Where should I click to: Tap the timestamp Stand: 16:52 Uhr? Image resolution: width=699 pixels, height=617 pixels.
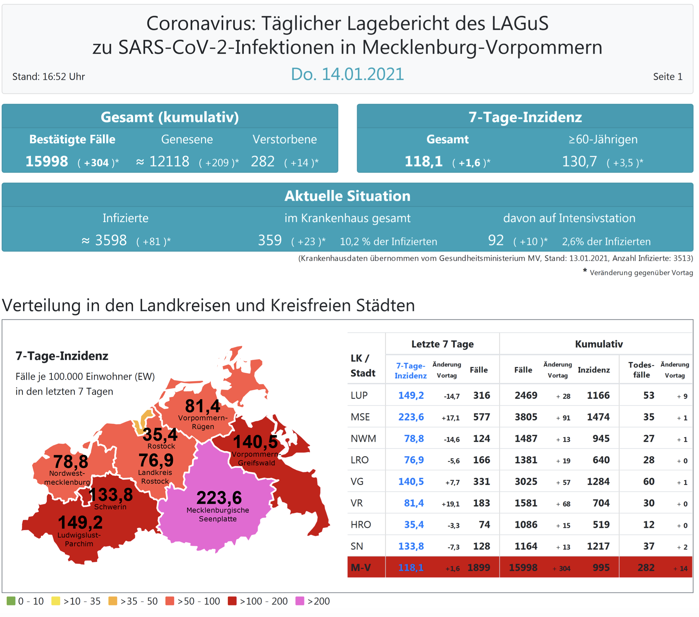click(x=49, y=77)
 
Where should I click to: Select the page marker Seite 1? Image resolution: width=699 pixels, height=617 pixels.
click(x=667, y=77)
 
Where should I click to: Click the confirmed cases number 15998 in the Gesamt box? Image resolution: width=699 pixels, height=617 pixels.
click(x=47, y=161)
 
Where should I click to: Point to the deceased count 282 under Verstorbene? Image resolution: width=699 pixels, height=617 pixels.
click(x=263, y=161)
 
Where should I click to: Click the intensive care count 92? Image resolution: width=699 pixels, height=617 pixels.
click(x=496, y=240)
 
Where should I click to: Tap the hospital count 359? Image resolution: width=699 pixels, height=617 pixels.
click(x=270, y=240)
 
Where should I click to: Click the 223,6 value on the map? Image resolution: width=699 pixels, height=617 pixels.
click(x=219, y=497)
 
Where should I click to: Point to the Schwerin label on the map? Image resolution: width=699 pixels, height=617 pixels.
click(x=110, y=507)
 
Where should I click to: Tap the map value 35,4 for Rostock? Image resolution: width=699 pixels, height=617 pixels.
click(x=160, y=434)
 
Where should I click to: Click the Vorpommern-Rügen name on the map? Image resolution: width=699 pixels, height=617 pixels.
click(x=203, y=422)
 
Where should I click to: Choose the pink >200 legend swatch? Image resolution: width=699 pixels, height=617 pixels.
click(x=300, y=601)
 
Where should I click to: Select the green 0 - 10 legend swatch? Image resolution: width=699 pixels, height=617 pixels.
click(x=11, y=601)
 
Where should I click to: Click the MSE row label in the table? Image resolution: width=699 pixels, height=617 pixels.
click(x=360, y=417)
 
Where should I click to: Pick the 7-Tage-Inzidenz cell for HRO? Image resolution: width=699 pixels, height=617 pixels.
click(x=414, y=524)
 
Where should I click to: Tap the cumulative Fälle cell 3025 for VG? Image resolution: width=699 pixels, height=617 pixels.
click(x=526, y=482)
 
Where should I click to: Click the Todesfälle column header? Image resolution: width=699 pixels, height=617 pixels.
click(x=641, y=370)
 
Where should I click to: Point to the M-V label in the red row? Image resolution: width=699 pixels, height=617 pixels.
click(x=361, y=567)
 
